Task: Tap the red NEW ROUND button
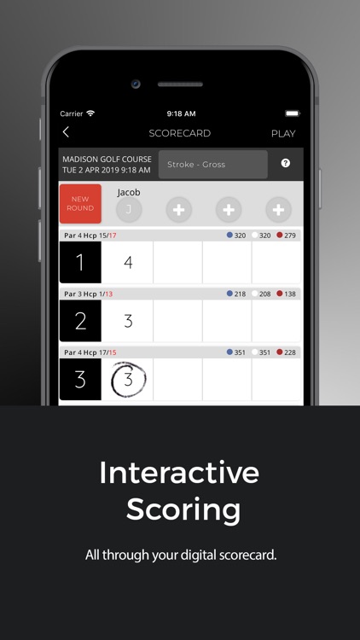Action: pyautogui.click(x=80, y=204)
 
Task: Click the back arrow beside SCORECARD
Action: pyautogui.click(x=66, y=132)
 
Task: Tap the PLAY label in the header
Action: pyautogui.click(x=283, y=133)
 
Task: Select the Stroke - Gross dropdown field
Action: pyautogui.click(x=213, y=165)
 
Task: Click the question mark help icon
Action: pyautogui.click(x=286, y=163)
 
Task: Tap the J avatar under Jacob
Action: pyautogui.click(x=129, y=209)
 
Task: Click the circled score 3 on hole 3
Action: pyautogui.click(x=129, y=380)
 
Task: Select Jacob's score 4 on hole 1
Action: pyautogui.click(x=128, y=263)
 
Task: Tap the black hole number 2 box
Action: pyautogui.click(x=80, y=321)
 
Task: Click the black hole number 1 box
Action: pyautogui.click(x=80, y=262)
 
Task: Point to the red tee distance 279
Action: pyautogui.click(x=290, y=236)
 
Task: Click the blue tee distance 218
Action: pyautogui.click(x=240, y=294)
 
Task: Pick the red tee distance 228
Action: pyautogui.click(x=290, y=352)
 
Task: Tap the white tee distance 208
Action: pyautogui.click(x=265, y=294)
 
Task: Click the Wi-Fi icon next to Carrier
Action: pyautogui.click(x=90, y=113)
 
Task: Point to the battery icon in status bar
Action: pyautogui.click(x=293, y=113)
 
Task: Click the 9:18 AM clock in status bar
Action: pyautogui.click(x=181, y=113)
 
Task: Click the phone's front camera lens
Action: pyautogui.click(x=136, y=84)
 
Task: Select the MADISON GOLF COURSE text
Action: pyautogui.click(x=107, y=160)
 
